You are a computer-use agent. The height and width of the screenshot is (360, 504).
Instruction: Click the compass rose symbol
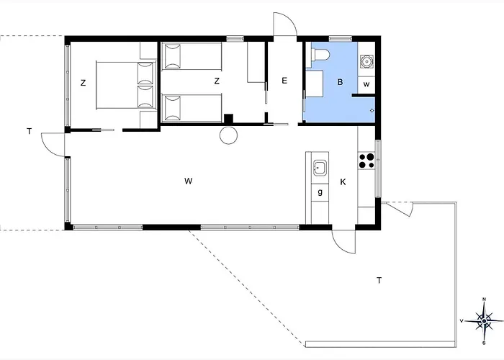pos(484,321)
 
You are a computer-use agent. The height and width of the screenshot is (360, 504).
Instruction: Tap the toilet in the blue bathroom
pos(320,55)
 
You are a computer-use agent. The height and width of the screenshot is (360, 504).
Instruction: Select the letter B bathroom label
pos(340,82)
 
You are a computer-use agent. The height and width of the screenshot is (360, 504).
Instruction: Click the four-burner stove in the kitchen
pos(366,161)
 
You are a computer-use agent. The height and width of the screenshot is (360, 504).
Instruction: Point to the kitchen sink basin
pos(320,168)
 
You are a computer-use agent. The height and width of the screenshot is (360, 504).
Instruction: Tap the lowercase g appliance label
pos(320,192)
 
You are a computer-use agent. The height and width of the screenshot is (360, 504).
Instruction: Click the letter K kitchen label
pos(343,182)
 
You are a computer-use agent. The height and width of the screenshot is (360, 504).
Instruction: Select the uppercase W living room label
pos(189,181)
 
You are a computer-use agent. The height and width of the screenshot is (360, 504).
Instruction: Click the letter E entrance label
pos(284,81)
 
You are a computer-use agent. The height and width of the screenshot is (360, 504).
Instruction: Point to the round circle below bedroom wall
pos(228,135)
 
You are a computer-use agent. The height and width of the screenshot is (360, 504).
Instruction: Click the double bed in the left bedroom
pos(126,85)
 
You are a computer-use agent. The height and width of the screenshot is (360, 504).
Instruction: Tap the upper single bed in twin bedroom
pos(192,56)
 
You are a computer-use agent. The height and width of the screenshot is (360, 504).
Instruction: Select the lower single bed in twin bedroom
pos(192,108)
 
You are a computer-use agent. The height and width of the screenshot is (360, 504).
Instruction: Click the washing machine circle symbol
pos(366,61)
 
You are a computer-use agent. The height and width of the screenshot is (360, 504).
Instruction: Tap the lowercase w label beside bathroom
pos(366,84)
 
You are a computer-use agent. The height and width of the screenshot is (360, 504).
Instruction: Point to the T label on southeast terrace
pos(379,281)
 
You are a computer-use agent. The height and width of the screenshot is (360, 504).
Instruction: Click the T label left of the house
pos(30,131)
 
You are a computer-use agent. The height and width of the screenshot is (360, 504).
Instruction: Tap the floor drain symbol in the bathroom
pos(372,111)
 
